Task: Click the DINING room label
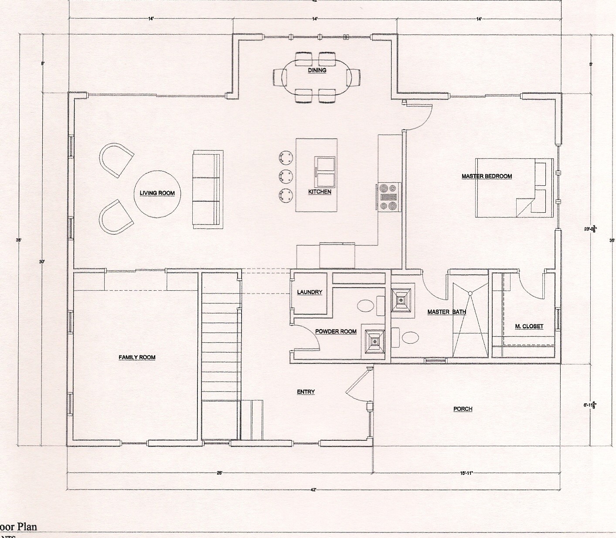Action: (317, 70)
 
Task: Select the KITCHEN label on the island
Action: (320, 192)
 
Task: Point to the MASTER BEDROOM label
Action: (487, 176)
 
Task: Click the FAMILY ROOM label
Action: (137, 358)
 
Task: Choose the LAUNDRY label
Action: (310, 292)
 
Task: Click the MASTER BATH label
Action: (446, 312)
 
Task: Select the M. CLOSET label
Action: (529, 327)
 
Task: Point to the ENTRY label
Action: (306, 392)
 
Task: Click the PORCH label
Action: (463, 409)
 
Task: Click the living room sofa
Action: (208, 189)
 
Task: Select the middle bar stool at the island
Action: (286, 176)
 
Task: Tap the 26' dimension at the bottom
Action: (219, 473)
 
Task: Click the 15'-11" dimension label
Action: (466, 473)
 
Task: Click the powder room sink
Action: (365, 306)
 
